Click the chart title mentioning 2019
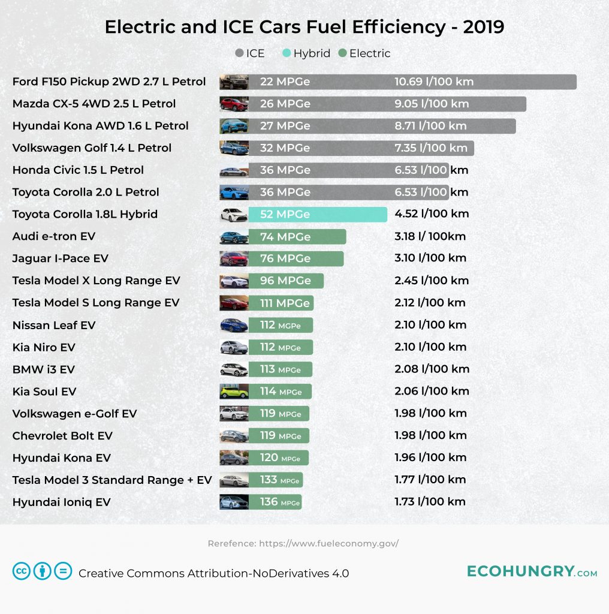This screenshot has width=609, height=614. (x=304, y=27)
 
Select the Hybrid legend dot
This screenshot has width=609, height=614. (x=287, y=53)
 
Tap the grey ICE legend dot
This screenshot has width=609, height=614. (x=240, y=53)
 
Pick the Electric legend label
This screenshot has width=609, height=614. (x=370, y=53)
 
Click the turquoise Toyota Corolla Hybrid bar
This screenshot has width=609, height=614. (x=318, y=215)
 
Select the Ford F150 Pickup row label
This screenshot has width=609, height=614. (x=109, y=82)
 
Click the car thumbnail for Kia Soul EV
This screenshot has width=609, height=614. (x=234, y=392)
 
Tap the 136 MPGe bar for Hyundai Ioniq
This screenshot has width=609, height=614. (x=275, y=502)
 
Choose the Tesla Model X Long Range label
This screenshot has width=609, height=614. (x=96, y=281)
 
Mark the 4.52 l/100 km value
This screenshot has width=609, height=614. (x=432, y=214)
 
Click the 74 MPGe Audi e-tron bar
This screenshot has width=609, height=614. (x=297, y=237)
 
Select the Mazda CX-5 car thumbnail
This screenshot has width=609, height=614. (x=234, y=104)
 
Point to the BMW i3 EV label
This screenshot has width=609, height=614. (x=43, y=369)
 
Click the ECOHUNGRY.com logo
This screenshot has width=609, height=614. (x=532, y=571)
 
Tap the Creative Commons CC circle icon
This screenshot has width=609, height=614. (x=22, y=571)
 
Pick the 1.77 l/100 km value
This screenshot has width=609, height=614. (x=430, y=480)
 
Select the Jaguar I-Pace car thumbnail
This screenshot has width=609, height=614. (x=234, y=259)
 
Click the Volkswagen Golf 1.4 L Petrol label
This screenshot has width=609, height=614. (x=92, y=148)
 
